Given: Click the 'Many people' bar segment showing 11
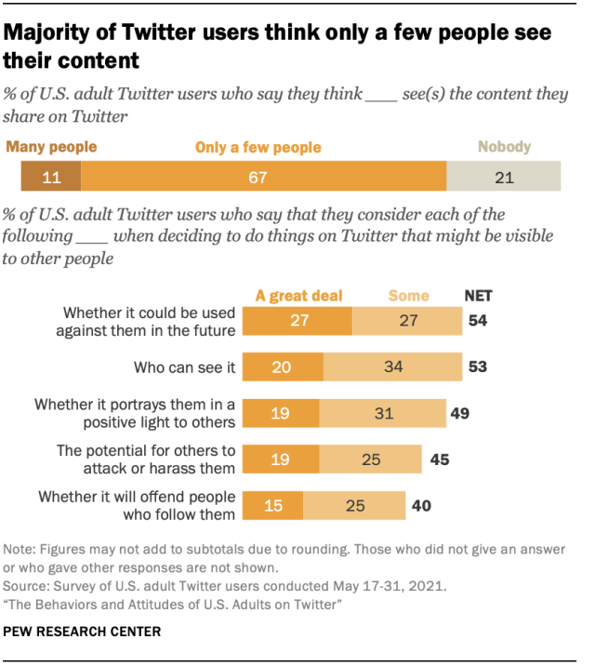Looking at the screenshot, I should coord(51,176).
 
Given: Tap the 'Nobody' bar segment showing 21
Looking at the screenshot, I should coord(503,176).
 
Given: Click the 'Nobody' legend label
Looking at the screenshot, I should coord(504,146).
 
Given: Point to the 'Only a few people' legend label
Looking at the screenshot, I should coord(258,147).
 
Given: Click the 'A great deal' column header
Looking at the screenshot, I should coord(298,296).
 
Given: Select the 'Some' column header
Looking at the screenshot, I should coord(409,296).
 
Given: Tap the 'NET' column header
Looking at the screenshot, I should coord(478,296).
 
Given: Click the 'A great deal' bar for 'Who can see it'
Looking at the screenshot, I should coord(283,366).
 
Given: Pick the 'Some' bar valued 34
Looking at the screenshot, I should coord(393,366).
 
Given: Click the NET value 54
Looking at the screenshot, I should coord(479,320).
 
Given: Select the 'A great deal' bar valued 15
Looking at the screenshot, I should coord(272,505).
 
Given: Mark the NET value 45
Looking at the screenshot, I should coord(438,459).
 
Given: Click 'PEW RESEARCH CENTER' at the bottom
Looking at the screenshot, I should coord(82,632).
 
